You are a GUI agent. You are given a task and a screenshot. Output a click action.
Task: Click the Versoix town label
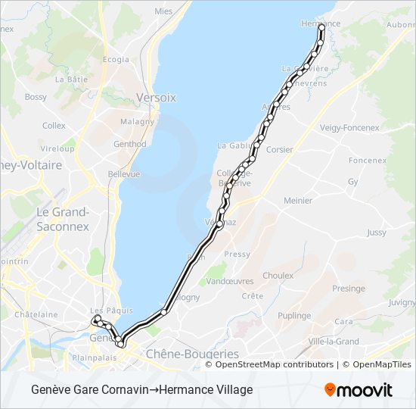pyautogui.click(x=156, y=98)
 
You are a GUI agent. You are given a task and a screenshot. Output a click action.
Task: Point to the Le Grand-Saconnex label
pyautogui.click(x=64, y=219)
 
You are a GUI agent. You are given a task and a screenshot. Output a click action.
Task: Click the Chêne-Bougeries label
pyautogui.click(x=191, y=354)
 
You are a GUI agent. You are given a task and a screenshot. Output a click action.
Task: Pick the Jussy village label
pyautogui.click(x=376, y=233)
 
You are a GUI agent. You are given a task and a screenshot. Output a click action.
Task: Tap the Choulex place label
pyautogui.click(x=278, y=276)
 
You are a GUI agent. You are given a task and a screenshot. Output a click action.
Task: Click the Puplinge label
pyautogui.click(x=294, y=315)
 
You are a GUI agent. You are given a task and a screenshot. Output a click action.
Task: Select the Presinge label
pyautogui.click(x=348, y=289)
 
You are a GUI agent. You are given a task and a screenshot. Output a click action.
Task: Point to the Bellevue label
pyautogui.click(x=124, y=173)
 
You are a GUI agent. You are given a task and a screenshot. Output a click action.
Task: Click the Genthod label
pyautogui.click(x=129, y=144)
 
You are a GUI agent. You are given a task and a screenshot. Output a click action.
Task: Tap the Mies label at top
pyautogui.click(x=163, y=11)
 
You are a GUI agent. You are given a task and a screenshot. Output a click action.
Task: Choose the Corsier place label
pyautogui.click(x=280, y=150)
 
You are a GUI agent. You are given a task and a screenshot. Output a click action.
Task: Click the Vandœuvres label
pyautogui.click(x=229, y=280)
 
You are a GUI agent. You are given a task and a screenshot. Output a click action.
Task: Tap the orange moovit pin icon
pyautogui.click(x=331, y=389)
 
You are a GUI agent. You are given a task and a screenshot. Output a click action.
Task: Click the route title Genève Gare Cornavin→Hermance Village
pyautogui.click(x=142, y=390)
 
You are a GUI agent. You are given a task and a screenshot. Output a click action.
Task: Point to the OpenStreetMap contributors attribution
pyautogui.click(x=274, y=364)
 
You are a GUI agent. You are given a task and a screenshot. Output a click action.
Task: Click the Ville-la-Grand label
pyautogui.click(x=334, y=341)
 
